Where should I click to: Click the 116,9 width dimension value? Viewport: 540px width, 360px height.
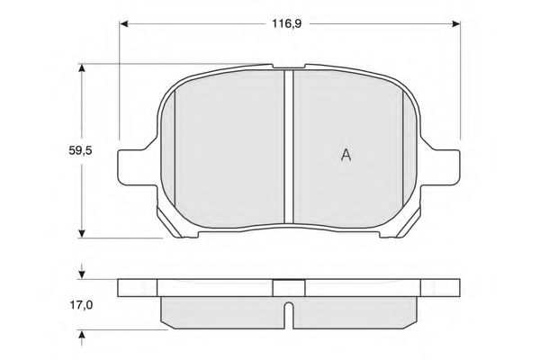pos(286,23)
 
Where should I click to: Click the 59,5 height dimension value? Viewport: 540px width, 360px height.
pos(81,150)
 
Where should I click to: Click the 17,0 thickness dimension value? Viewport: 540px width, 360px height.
pos(81,305)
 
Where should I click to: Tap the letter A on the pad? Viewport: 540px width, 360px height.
pos(346,155)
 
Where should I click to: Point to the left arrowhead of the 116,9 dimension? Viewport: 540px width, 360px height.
pos(123,23)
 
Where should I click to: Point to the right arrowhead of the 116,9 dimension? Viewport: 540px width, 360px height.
pos(456,23)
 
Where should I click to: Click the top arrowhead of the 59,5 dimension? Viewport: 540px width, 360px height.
pos(82,68)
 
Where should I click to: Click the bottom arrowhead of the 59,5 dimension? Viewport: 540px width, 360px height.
pos(82,233)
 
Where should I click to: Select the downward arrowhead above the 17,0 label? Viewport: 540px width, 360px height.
pos(82,274)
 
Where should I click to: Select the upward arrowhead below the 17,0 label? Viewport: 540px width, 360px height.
pos(82,336)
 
